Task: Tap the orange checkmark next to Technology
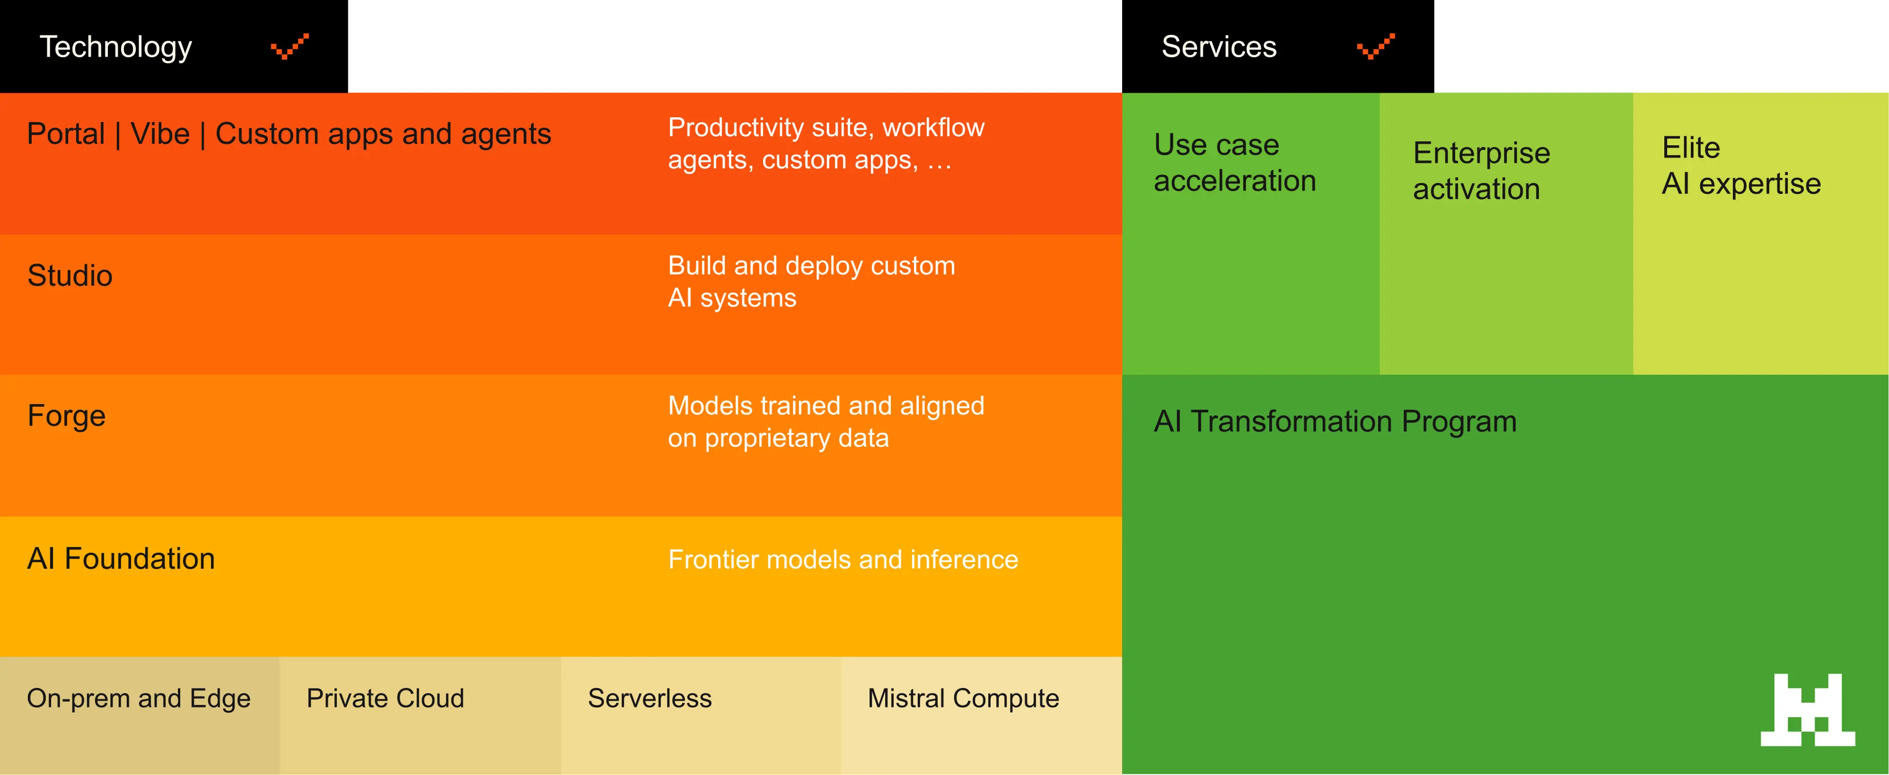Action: tap(290, 46)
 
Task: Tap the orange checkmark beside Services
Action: tap(1376, 46)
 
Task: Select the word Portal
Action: tap(66, 134)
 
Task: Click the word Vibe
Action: tap(160, 134)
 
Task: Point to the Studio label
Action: tap(70, 276)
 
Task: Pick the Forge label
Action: tap(66, 416)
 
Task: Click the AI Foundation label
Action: tap(121, 558)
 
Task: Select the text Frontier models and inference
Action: tap(843, 560)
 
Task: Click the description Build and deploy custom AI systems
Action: tap(811, 281)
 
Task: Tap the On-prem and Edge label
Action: tap(139, 699)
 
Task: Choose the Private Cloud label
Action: tap(385, 699)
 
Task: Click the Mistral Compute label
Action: tap(963, 699)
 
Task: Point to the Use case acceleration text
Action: tap(1234, 163)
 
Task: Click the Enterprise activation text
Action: tap(1481, 171)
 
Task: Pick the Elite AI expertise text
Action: tap(1741, 166)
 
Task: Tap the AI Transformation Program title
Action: tap(1335, 422)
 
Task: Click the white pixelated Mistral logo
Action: tap(1808, 710)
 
